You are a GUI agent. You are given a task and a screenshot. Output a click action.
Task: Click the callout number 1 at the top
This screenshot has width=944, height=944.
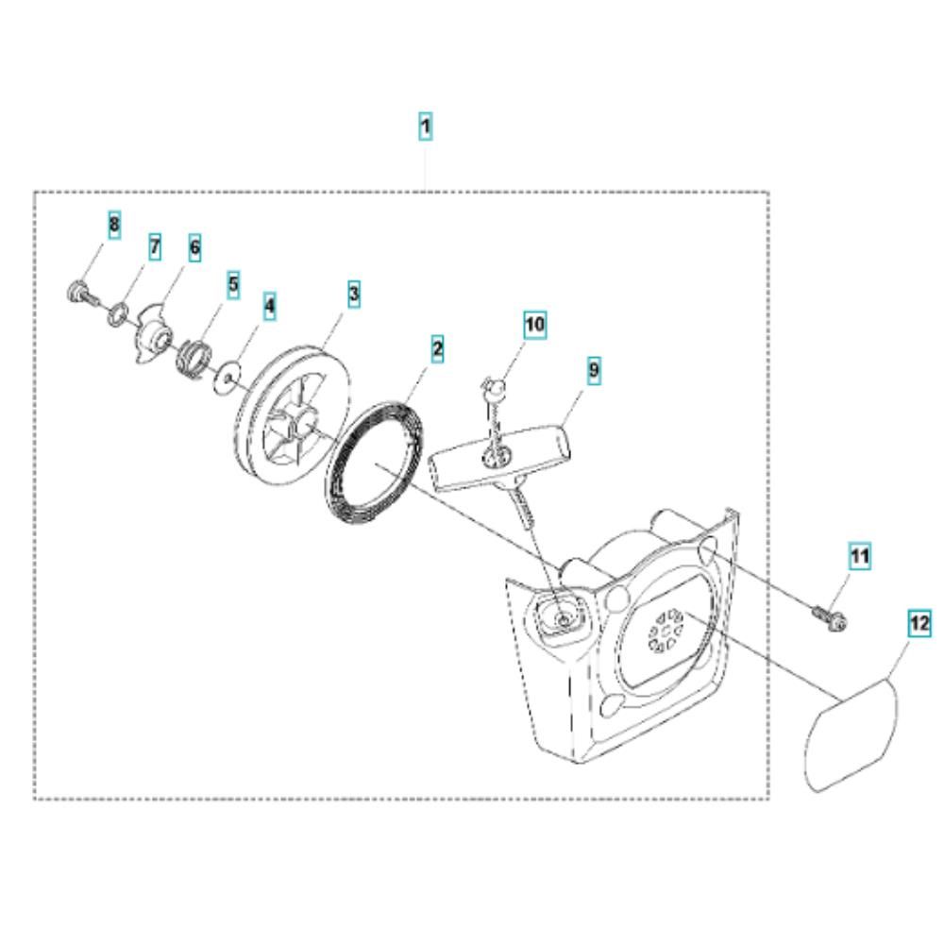[425, 126]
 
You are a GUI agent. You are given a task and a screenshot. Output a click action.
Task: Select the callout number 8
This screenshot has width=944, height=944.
[114, 226]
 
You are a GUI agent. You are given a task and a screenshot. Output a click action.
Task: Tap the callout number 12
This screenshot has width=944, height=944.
[919, 623]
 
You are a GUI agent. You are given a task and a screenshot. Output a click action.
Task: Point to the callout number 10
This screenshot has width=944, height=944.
[534, 325]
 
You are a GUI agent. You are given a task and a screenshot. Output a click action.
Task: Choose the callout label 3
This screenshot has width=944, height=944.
[353, 295]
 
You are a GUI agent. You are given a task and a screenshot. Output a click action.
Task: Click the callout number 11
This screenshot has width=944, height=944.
[859, 556]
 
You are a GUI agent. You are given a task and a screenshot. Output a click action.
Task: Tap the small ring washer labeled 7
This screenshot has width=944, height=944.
[118, 313]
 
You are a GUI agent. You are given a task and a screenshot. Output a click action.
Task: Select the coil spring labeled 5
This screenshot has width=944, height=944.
[192, 358]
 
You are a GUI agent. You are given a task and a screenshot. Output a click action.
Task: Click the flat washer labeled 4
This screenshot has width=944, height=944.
[228, 377]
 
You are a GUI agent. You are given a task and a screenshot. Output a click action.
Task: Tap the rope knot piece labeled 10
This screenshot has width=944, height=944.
[494, 388]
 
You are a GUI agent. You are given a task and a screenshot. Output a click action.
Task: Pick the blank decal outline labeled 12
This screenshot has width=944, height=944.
[851, 734]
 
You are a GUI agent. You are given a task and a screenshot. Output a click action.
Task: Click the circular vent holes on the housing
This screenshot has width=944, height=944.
[665, 631]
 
